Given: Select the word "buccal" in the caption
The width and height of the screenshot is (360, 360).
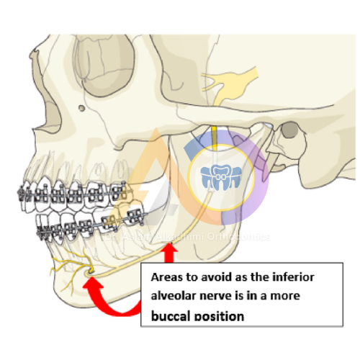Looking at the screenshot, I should tap(172, 315).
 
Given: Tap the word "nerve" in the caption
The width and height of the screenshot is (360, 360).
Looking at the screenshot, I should tap(221, 296).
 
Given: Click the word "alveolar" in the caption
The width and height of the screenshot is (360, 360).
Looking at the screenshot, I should tap(175, 296).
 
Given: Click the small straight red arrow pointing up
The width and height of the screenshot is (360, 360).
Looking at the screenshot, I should tap(171, 254).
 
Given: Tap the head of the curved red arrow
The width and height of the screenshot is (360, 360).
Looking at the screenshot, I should tap(91, 282).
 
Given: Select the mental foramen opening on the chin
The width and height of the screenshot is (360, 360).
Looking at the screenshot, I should tap(89, 271).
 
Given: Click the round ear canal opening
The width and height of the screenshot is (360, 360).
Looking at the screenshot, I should tap(290, 131).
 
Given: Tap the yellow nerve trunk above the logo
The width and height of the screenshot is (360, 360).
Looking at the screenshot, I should tap(214, 137).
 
